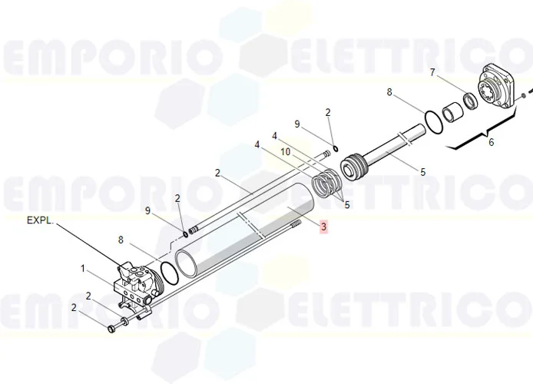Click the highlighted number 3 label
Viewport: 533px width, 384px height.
[x=323, y=227]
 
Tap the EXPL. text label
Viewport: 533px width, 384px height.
[x=41, y=220]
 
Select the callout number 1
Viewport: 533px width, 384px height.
[x=83, y=269]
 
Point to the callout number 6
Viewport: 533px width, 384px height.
[x=492, y=142]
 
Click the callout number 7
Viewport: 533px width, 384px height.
[x=432, y=72]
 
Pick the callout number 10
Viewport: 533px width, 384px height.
[x=286, y=151]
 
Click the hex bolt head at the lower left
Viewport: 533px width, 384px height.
[x=111, y=329]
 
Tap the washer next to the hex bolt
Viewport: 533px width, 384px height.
[x=124, y=321]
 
